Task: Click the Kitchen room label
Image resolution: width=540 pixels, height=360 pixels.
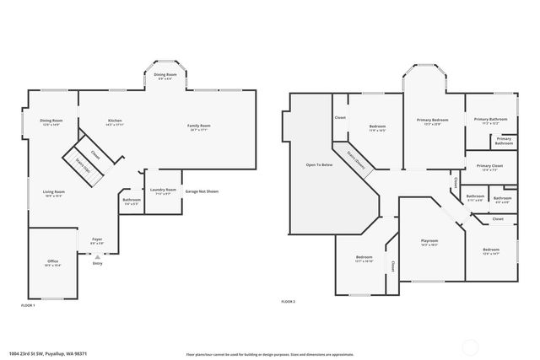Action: click(115, 122)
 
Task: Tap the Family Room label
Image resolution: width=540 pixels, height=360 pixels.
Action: click(199, 127)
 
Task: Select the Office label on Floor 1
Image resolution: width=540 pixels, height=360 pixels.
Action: click(52, 263)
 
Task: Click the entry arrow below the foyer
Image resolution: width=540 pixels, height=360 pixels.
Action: click(97, 257)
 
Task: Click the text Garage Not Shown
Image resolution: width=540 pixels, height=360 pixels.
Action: click(202, 191)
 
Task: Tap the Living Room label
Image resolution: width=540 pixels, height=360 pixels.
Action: click(54, 193)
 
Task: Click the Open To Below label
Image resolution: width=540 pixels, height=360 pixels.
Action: click(319, 164)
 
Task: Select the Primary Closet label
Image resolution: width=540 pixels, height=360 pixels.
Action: click(490, 167)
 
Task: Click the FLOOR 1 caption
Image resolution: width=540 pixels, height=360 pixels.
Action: click(28, 305)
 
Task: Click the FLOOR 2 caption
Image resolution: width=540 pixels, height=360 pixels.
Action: click(289, 301)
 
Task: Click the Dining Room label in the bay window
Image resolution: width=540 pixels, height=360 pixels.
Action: click(165, 76)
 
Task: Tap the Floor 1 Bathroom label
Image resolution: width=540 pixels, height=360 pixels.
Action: click(131, 201)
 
